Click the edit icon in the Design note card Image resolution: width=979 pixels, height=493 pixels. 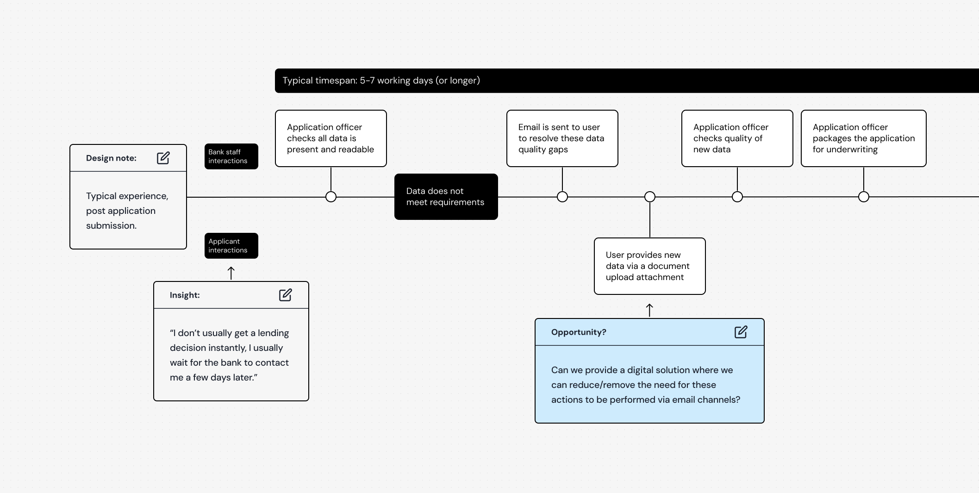163,158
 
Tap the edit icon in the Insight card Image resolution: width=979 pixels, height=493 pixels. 286,295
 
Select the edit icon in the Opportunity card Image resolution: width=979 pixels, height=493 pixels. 741,332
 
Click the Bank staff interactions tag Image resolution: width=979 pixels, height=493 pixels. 231,156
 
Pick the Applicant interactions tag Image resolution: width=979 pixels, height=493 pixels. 231,246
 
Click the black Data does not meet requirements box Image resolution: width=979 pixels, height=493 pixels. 446,197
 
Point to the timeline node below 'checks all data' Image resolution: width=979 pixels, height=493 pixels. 331,197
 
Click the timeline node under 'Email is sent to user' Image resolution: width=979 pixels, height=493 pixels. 562,197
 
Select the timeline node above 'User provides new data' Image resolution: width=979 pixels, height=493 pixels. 650,197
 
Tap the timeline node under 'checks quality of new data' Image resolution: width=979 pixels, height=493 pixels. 737,197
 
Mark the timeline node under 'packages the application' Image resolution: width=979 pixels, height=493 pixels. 864,197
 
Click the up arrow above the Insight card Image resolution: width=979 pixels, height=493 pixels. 231,273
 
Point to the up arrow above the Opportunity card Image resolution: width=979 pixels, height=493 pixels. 649,310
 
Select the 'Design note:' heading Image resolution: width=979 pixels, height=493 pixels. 111,158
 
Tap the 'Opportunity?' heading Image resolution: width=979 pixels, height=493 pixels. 579,332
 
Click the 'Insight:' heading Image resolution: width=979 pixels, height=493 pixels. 185,295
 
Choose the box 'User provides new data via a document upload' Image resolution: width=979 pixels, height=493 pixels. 650,266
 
